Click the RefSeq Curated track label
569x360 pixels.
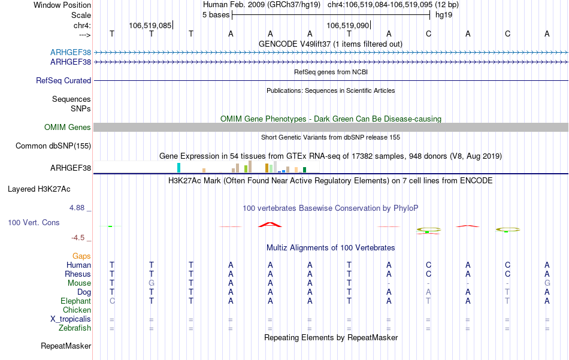(63, 80)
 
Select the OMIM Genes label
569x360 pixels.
(68, 127)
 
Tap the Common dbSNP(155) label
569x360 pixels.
(53, 146)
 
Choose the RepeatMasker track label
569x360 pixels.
(66, 346)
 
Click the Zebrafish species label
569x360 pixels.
(75, 328)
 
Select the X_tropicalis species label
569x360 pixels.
(71, 319)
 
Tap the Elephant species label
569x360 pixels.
(75, 301)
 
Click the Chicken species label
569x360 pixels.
(77, 310)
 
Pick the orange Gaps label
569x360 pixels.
(81, 256)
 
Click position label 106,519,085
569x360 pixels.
(150, 25)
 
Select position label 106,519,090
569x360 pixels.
(347, 25)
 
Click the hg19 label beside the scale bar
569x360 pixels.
(444, 14)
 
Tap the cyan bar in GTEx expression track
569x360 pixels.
(178, 167)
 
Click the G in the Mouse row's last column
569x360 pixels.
(547, 283)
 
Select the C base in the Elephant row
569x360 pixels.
(111, 301)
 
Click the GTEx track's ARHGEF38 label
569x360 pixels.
(71, 168)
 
